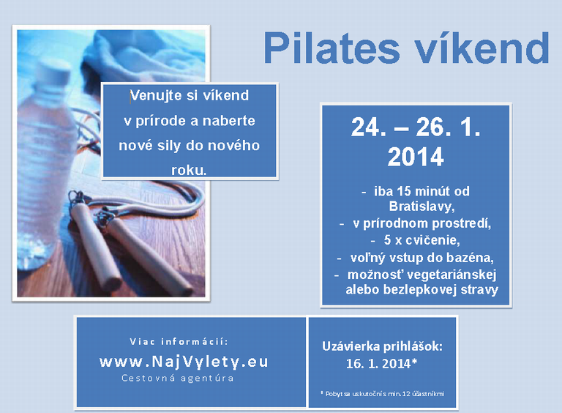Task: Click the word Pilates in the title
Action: pyautogui.click(x=331, y=48)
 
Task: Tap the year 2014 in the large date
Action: pyautogui.click(x=416, y=157)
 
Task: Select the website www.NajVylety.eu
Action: pyautogui.click(x=184, y=362)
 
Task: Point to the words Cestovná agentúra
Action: pyautogui.click(x=177, y=379)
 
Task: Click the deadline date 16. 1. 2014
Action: pyautogui.click(x=381, y=363)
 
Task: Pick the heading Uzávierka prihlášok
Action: pyautogui.click(x=382, y=346)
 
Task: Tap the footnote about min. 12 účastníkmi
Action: pyautogui.click(x=383, y=394)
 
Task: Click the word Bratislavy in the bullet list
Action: pyautogui.click(x=421, y=206)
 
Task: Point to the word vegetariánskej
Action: pyautogui.click(x=452, y=275)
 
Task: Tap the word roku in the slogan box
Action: pyautogui.click(x=189, y=170)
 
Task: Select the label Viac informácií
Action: pyautogui.click(x=179, y=342)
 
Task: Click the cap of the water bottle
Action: pyautogui.click(x=54, y=72)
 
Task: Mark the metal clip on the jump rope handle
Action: pyautogui.click(x=76, y=198)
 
